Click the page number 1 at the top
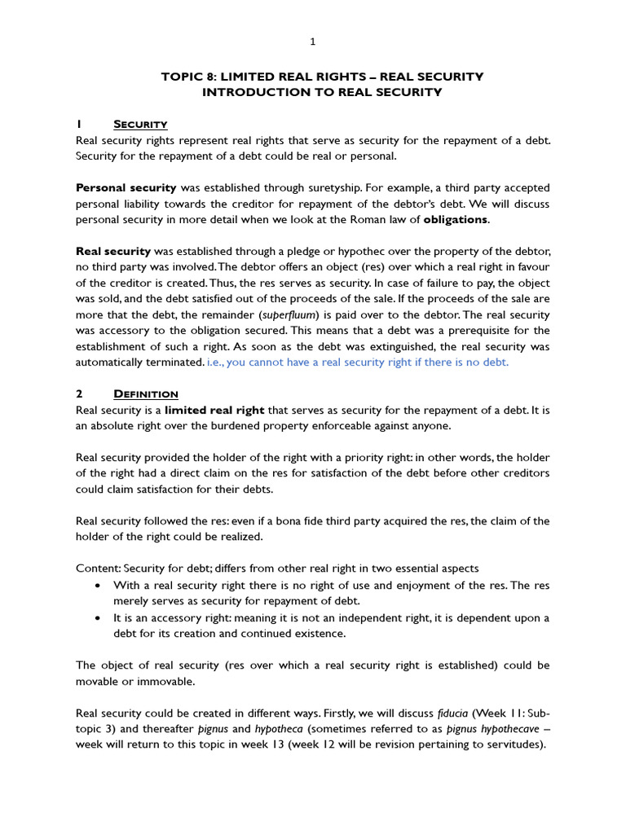click(313, 42)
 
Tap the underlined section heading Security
click(140, 124)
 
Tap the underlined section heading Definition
click(146, 394)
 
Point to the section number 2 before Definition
click(78, 394)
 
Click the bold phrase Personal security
click(126, 187)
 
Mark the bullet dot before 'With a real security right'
click(98, 586)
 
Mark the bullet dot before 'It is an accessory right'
click(98, 617)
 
